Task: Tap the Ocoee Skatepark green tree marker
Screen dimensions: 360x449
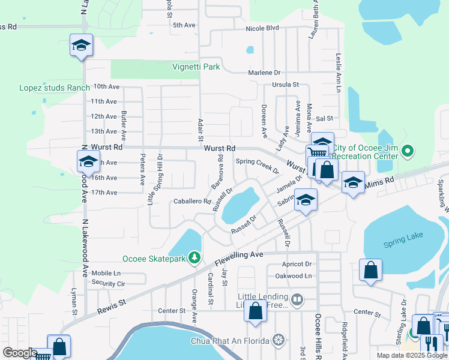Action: click(194, 258)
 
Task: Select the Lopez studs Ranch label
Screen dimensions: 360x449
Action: click(54, 88)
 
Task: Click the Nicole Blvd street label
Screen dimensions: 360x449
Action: click(263, 28)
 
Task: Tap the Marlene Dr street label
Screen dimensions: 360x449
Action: click(265, 73)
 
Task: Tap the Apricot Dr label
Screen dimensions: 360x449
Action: click(297, 264)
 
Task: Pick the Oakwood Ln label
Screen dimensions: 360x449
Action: click(297, 276)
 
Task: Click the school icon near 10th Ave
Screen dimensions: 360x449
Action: click(81, 46)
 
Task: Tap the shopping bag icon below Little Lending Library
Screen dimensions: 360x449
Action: click(256, 311)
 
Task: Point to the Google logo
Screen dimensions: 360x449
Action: click(19, 353)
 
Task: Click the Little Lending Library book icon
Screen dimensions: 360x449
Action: click(297, 299)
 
